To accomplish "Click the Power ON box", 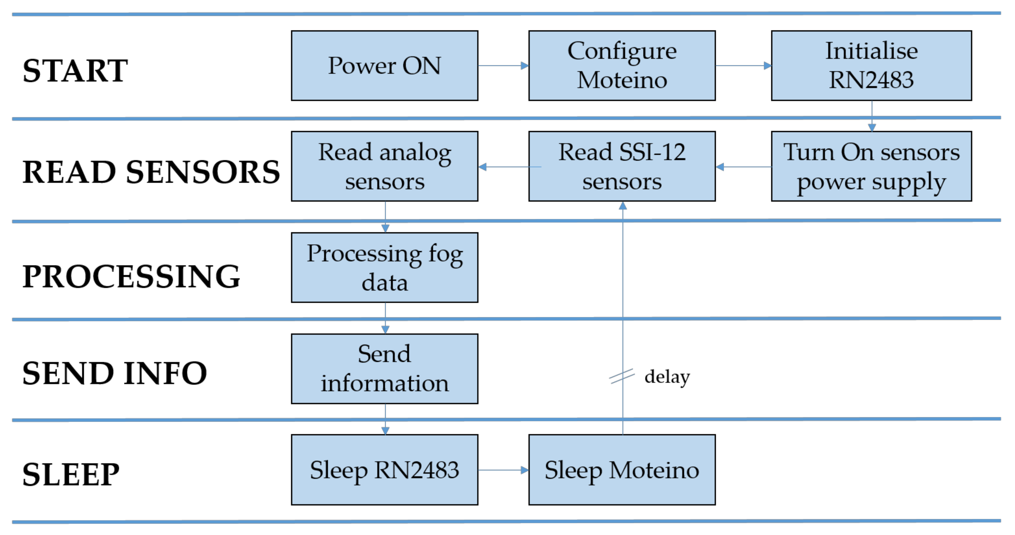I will coord(385,66).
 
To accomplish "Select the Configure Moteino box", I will coord(622,66).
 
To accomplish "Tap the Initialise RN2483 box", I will coord(871,66).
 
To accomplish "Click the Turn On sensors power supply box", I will coord(871,166).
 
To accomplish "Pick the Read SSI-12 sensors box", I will coord(622,166).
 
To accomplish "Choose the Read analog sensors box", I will coord(385,166).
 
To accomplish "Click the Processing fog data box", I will coord(385,267).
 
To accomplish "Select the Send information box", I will coord(385,369).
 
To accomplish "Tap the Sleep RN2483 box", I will coord(385,469).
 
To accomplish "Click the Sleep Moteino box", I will coord(622,469).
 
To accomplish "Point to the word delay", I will coord(667,377).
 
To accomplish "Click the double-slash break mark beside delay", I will coord(622,376).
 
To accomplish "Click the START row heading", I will coord(75,71).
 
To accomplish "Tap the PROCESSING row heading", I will coord(131,276).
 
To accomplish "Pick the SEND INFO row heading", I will coord(115,373).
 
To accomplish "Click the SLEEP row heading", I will coord(71,474).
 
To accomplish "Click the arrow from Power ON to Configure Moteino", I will coord(503,66).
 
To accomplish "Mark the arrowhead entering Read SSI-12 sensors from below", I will coord(622,206).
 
